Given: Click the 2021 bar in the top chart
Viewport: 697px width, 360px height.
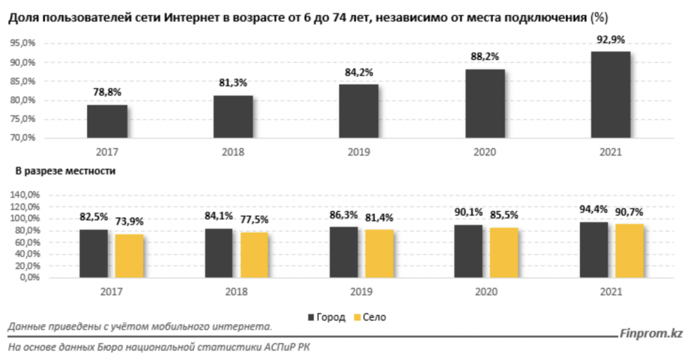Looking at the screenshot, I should (611, 95).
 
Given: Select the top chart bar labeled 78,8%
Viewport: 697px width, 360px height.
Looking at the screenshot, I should (107, 121).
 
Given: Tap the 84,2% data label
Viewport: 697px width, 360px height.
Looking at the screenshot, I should (359, 73).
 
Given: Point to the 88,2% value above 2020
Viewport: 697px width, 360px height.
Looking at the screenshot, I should (485, 58).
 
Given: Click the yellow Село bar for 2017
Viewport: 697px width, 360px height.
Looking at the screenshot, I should (129, 256).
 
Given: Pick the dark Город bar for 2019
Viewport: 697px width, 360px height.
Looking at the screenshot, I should (344, 252).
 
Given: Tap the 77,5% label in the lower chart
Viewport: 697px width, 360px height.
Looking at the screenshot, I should (254, 219).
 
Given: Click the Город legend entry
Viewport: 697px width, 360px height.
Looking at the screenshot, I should (327, 317).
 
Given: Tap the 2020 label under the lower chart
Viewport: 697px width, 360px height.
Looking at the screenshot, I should (485, 291).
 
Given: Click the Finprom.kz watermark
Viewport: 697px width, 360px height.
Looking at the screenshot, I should (651, 333).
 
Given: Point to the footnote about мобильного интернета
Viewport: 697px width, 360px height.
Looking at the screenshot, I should (140, 327).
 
